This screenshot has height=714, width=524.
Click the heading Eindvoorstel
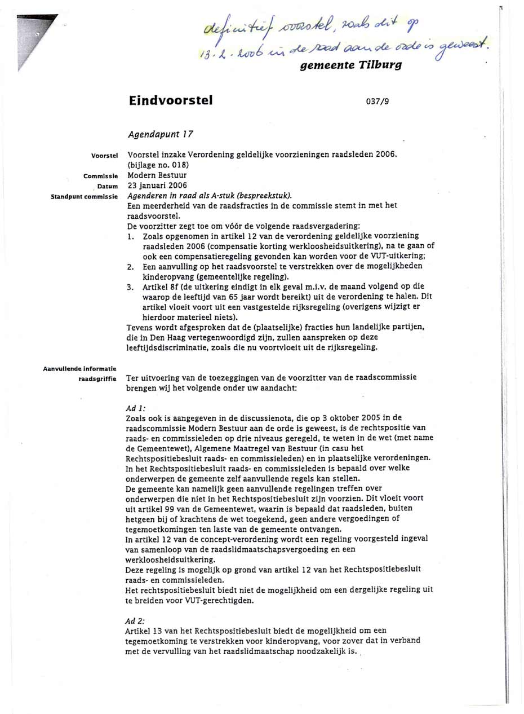click(x=171, y=101)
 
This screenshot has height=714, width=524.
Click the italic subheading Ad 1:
click(x=137, y=407)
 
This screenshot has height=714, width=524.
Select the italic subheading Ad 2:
click(x=137, y=620)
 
